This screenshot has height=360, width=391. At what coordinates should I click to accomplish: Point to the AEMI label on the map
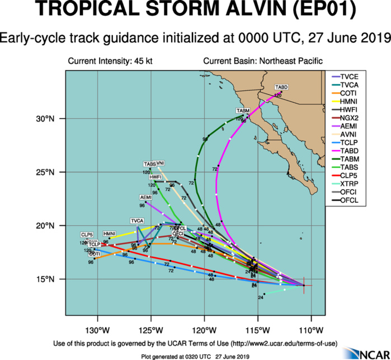coord(145,198)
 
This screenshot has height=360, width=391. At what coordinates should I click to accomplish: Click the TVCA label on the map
coord(138,221)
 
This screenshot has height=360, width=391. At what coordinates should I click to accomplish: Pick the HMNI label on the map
coord(109,233)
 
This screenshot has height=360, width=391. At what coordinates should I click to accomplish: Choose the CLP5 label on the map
coord(87,234)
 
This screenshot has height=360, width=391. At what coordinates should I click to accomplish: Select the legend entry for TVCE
coord(350,76)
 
